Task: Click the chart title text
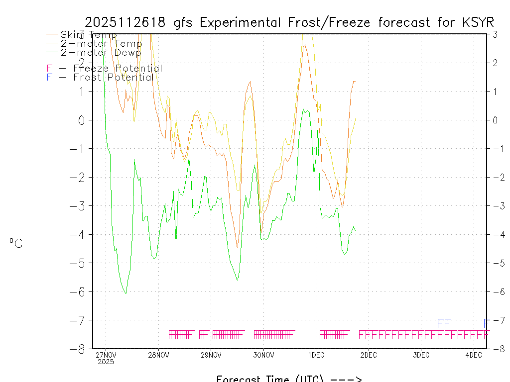coord(289,22)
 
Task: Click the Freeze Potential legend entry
coord(104,69)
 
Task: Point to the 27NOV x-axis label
coord(106,355)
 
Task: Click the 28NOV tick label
coord(158,355)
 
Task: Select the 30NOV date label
coord(263,355)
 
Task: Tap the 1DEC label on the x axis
coord(316,355)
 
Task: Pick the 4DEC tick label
coord(474,355)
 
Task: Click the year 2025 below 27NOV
coord(106,362)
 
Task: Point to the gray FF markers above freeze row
coord(444,323)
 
